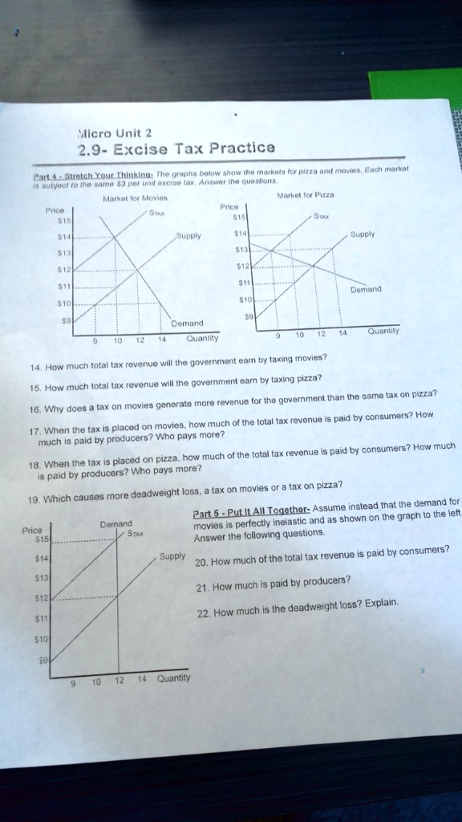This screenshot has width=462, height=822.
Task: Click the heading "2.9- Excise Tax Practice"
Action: point(176,148)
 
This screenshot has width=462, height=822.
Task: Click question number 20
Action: point(203,560)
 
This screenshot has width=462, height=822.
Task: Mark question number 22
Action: point(205,613)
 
